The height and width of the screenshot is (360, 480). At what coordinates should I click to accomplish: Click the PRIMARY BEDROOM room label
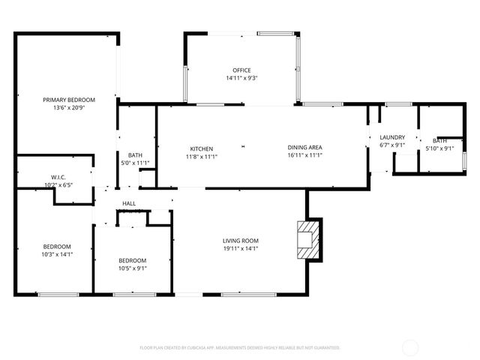[68, 100]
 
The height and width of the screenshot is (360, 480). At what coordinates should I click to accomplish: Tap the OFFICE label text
[241, 70]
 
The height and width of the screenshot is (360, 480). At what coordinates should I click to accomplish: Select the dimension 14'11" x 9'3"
[241, 78]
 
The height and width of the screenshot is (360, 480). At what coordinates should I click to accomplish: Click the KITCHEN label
[202, 148]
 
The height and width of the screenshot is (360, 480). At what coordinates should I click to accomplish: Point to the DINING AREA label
[304, 148]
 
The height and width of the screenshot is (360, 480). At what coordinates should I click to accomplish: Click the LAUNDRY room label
[392, 137]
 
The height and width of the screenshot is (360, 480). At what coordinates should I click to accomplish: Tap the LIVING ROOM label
[240, 241]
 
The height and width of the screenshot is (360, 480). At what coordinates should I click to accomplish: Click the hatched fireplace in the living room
[308, 238]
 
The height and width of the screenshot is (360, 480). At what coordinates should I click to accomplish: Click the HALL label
[129, 203]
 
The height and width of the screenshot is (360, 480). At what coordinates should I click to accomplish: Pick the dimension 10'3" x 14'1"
[56, 254]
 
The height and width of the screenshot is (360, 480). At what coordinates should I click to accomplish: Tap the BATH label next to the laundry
[440, 140]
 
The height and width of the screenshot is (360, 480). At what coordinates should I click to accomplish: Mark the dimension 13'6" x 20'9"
[68, 107]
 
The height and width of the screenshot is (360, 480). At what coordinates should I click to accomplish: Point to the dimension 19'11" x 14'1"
[240, 248]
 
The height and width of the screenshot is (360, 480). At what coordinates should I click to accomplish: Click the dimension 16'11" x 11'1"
[304, 156]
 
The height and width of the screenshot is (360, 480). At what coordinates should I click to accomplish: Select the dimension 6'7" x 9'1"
[392, 145]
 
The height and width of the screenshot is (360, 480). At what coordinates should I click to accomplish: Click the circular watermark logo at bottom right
[410, 347]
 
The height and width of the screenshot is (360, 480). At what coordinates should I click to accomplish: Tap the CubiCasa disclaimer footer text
[240, 347]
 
